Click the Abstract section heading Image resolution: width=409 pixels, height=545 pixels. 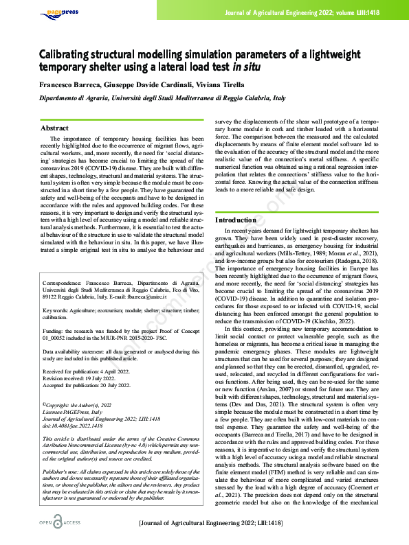54,128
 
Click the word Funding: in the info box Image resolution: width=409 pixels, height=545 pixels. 54,338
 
